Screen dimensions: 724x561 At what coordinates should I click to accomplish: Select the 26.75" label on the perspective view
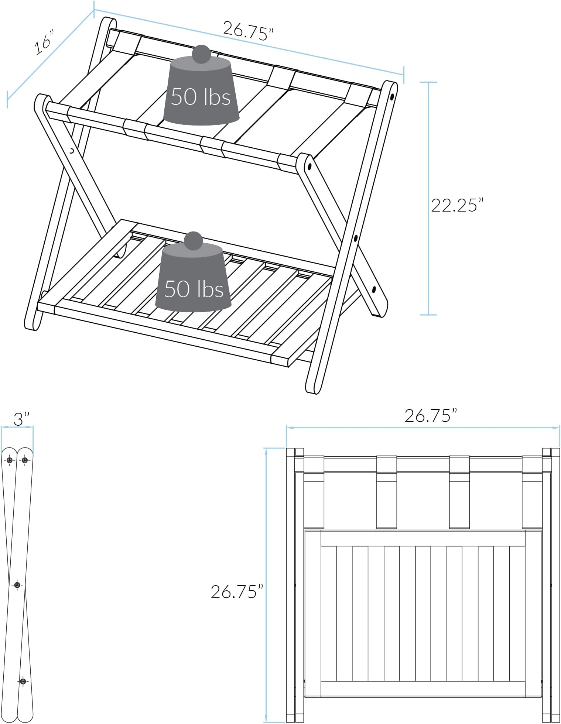(248, 31)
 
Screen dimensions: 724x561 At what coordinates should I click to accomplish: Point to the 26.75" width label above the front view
(431, 416)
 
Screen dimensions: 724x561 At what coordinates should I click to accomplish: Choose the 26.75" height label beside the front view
(237, 591)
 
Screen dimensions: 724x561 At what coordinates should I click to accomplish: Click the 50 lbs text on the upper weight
(201, 97)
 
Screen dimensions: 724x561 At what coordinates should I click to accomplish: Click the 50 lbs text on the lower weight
(194, 289)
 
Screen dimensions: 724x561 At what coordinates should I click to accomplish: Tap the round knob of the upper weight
(201, 54)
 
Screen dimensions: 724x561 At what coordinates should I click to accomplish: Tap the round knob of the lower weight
(193, 241)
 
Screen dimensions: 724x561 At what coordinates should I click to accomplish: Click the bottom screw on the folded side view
(23, 681)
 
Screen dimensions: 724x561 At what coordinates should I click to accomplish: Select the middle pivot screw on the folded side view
(17, 585)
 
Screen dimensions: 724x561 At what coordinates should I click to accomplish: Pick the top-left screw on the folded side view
(10, 460)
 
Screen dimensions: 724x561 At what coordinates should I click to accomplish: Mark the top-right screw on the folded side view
(25, 460)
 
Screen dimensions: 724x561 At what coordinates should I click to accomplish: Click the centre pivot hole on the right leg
(355, 239)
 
